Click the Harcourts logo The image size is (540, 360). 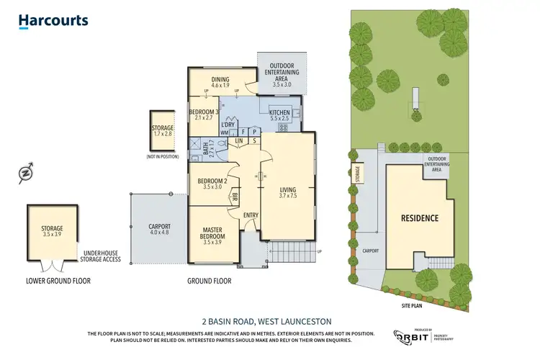coord(53,22)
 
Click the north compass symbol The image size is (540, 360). coord(27,173)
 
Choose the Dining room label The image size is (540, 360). coord(220,81)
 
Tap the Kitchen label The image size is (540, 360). coord(279,113)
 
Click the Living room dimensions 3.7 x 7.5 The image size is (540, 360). coord(288,196)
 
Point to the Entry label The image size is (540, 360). coord(251,215)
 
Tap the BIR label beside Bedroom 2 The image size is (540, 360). coord(235,194)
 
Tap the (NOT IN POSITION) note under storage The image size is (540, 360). coord(163,156)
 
